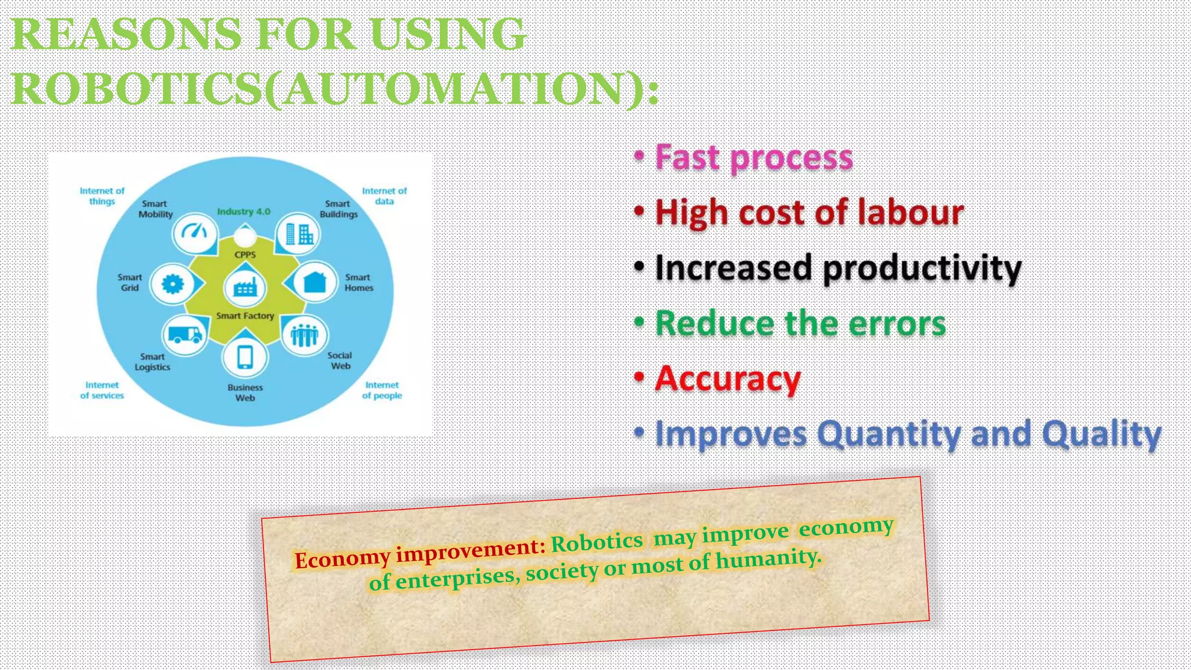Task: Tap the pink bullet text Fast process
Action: pyautogui.click(x=754, y=158)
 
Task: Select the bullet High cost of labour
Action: pyautogui.click(x=809, y=213)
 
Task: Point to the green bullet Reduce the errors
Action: pyautogui.click(x=800, y=323)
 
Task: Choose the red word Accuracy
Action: pyautogui.click(x=728, y=379)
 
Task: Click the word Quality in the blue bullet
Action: pyautogui.click(x=1101, y=434)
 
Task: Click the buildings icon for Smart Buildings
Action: pyautogui.click(x=298, y=234)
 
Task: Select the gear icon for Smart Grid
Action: pyautogui.click(x=172, y=284)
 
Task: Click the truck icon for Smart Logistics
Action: pyautogui.click(x=184, y=334)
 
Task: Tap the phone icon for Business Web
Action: pyautogui.click(x=245, y=357)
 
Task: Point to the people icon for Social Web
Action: pyautogui.click(x=305, y=334)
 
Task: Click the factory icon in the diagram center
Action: pyautogui.click(x=245, y=287)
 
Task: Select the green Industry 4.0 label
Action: pyautogui.click(x=244, y=212)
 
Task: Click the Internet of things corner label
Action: pyautogui.click(x=102, y=196)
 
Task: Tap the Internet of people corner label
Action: pyautogui.click(x=382, y=390)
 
